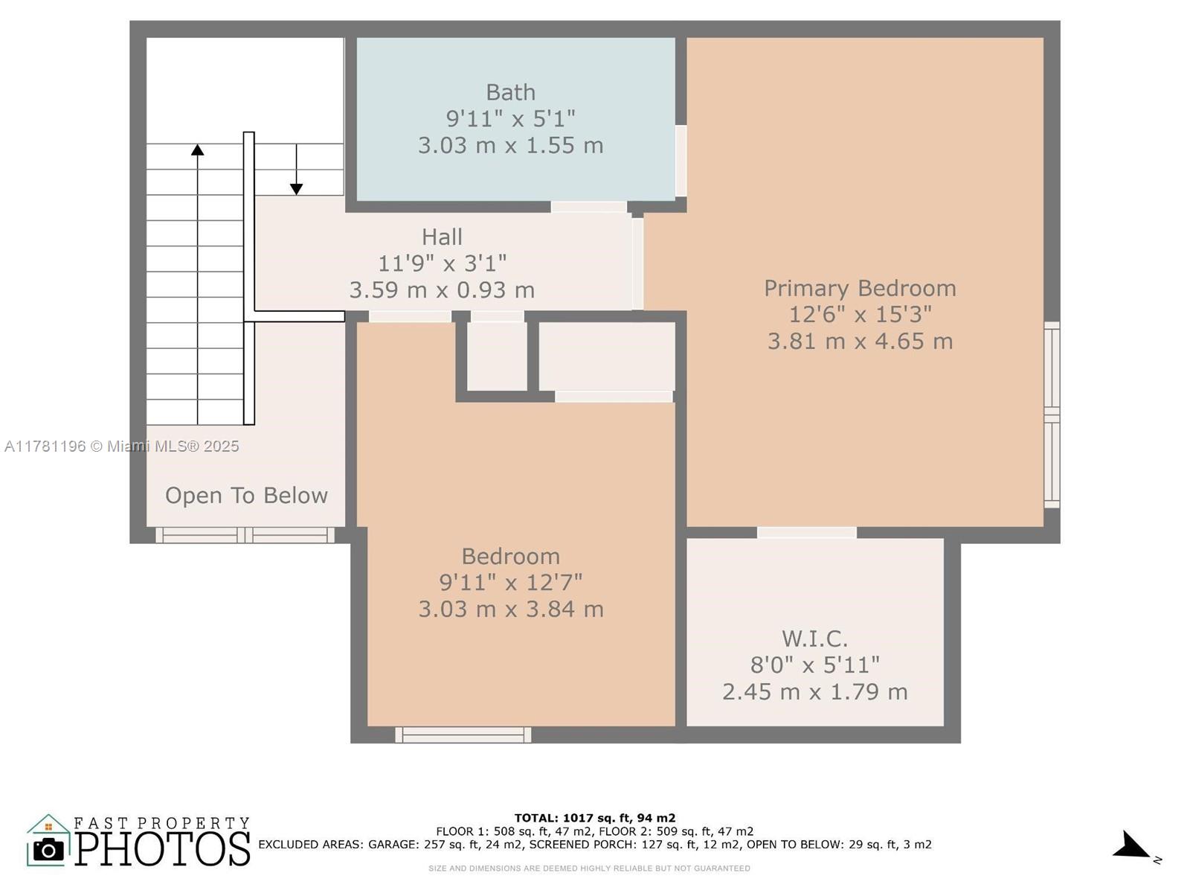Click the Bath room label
(x=510, y=92)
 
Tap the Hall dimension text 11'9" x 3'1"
(x=442, y=263)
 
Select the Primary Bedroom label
(x=860, y=289)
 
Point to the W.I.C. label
(x=814, y=638)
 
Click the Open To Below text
(x=246, y=496)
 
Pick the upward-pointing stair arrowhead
(x=197, y=150)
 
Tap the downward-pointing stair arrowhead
(x=296, y=189)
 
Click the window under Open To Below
(x=245, y=535)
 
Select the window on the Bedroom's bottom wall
(x=463, y=734)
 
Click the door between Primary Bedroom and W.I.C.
(x=807, y=532)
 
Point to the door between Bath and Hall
(x=589, y=207)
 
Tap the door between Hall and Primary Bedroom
(x=637, y=263)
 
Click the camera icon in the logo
(x=48, y=850)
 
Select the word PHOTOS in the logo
(x=162, y=848)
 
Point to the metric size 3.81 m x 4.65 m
(x=860, y=342)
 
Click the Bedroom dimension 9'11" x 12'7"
(x=510, y=583)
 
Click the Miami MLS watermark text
(x=121, y=446)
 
